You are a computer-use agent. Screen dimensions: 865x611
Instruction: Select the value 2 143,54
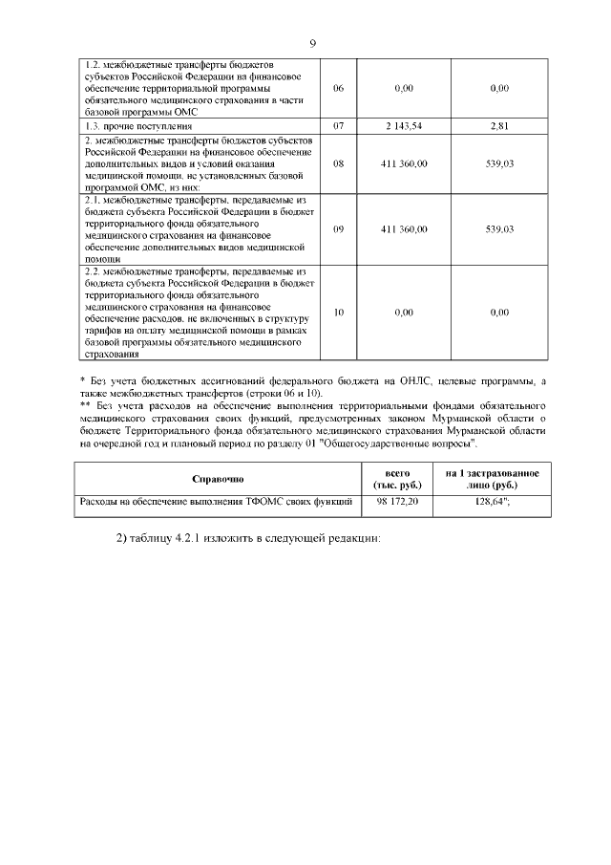click(x=404, y=125)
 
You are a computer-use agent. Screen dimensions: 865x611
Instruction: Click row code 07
click(x=338, y=125)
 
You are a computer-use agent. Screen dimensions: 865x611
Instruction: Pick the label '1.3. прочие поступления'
click(x=139, y=125)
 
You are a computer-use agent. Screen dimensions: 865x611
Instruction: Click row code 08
click(x=338, y=163)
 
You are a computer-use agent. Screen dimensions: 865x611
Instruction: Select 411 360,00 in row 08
click(x=404, y=163)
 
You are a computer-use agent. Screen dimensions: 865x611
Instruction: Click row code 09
click(x=338, y=229)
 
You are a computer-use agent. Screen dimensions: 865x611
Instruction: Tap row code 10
click(x=338, y=313)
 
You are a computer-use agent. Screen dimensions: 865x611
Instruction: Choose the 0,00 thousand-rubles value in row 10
click(x=404, y=313)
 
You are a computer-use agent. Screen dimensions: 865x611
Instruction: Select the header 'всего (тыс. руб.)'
click(x=397, y=478)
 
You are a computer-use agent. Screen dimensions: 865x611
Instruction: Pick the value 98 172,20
click(x=397, y=500)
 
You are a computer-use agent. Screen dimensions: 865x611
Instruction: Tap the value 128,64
click(x=490, y=500)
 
